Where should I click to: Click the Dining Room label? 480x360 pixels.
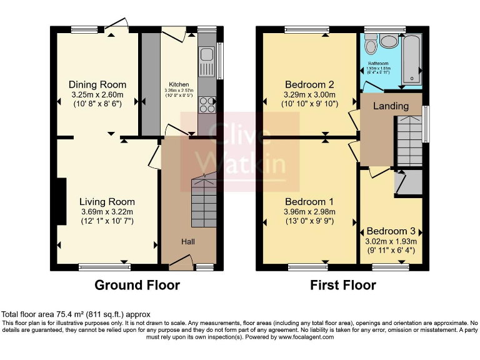click(97, 84)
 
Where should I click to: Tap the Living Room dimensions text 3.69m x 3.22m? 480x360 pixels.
click(107, 212)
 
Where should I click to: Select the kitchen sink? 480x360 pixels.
click(206, 62)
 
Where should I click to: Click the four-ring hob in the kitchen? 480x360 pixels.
click(207, 104)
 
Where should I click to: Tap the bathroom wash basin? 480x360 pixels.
click(389, 41)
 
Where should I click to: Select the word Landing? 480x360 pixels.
click(391, 106)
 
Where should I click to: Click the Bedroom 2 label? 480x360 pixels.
click(309, 84)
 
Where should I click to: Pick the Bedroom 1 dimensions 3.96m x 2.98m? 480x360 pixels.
click(309, 212)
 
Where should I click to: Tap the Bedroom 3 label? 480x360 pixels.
click(391, 231)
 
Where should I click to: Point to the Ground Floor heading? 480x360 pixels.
click(137, 286)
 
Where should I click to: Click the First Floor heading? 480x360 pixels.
click(343, 286)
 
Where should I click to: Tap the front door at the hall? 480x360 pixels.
click(181, 262)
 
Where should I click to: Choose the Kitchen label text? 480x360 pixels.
click(179, 84)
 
